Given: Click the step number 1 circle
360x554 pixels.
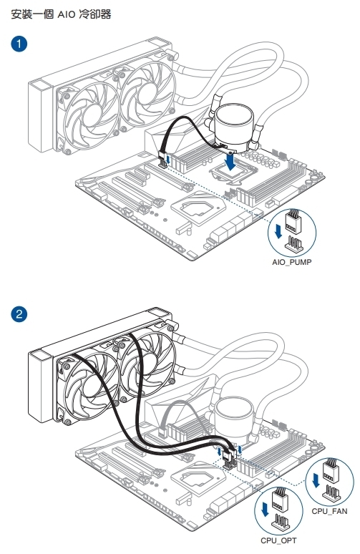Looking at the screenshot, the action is click(x=19, y=44).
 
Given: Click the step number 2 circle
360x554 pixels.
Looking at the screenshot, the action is click(x=19, y=314).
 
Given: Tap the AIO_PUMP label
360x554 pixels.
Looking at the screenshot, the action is click(x=292, y=262).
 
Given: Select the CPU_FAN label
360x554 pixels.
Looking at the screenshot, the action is click(x=329, y=511).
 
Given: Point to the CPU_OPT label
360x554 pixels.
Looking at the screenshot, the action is click(x=278, y=540).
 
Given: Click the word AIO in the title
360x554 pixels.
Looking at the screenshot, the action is click(x=67, y=14).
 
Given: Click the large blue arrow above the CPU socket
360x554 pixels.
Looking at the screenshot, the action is click(x=230, y=162).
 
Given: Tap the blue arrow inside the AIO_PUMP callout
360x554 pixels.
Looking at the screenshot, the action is click(x=278, y=230).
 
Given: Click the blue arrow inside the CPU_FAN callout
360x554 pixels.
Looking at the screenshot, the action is click(x=316, y=480).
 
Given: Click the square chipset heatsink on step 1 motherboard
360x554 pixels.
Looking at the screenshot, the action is click(x=198, y=208).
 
